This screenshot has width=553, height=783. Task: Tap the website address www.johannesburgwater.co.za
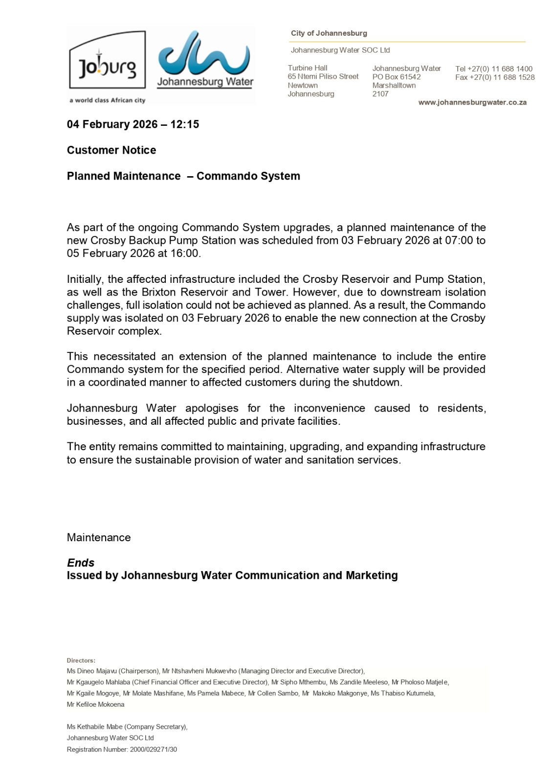click(x=472, y=103)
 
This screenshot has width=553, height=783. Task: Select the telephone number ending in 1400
click(x=494, y=69)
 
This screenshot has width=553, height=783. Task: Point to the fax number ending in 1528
click(x=495, y=77)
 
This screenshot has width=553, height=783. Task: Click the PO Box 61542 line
click(x=397, y=77)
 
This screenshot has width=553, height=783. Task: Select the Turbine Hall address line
click(x=308, y=68)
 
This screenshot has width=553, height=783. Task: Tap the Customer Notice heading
click(x=111, y=150)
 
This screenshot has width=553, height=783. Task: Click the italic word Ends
click(x=81, y=563)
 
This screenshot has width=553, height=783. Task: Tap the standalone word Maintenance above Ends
click(x=99, y=537)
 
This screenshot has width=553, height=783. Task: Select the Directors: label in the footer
click(x=81, y=661)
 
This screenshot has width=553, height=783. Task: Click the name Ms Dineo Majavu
click(x=92, y=671)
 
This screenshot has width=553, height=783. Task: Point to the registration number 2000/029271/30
click(x=154, y=749)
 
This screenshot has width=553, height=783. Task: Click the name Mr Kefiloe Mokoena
click(x=96, y=705)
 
